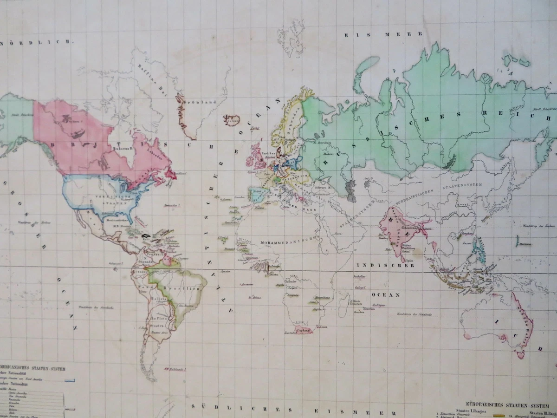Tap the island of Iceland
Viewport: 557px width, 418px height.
click(x=232, y=120)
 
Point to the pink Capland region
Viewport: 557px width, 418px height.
click(x=304, y=330)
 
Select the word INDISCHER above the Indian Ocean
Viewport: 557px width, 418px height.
click(x=385, y=265)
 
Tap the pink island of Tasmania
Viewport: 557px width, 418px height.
click(x=521, y=354)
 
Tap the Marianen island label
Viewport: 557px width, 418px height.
click(x=526, y=243)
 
